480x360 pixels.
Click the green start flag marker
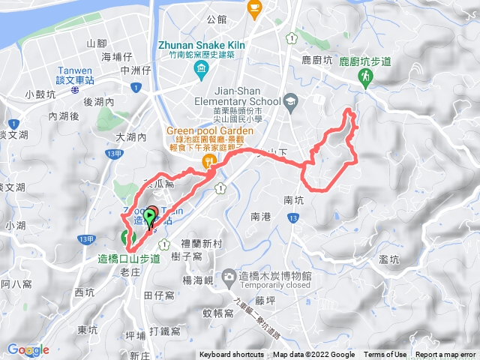149,218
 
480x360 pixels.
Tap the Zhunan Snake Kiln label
198,44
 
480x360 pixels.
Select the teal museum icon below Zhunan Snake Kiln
201,71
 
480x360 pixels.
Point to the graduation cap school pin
290,101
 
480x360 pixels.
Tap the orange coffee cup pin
255,8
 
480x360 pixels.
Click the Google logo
28,349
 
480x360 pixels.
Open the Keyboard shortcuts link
231,355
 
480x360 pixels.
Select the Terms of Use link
385,355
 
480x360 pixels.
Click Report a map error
446,355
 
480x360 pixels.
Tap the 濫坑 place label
389,259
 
